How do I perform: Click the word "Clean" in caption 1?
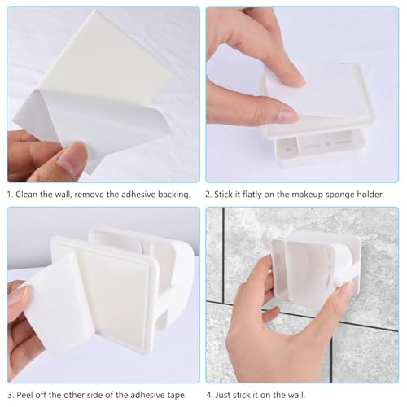(26, 195)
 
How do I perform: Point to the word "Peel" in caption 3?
(24, 395)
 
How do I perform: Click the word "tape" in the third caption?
(177, 396)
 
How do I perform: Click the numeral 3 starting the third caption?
(11, 395)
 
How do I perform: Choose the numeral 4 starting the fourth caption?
(209, 395)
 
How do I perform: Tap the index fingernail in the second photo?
(287, 116)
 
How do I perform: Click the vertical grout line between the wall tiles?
(223, 255)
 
